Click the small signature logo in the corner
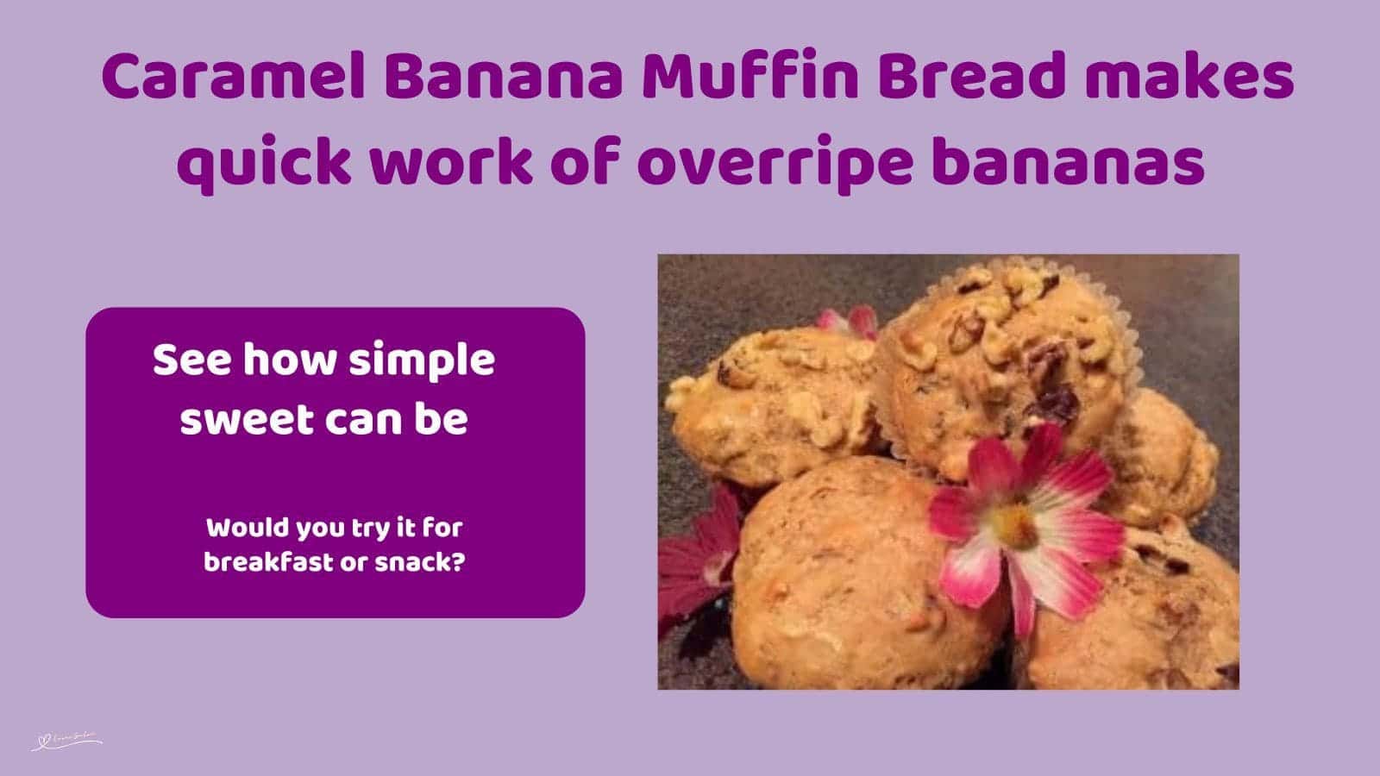click(x=67, y=741)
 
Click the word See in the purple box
click(x=193, y=360)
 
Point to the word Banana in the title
click(x=503, y=78)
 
